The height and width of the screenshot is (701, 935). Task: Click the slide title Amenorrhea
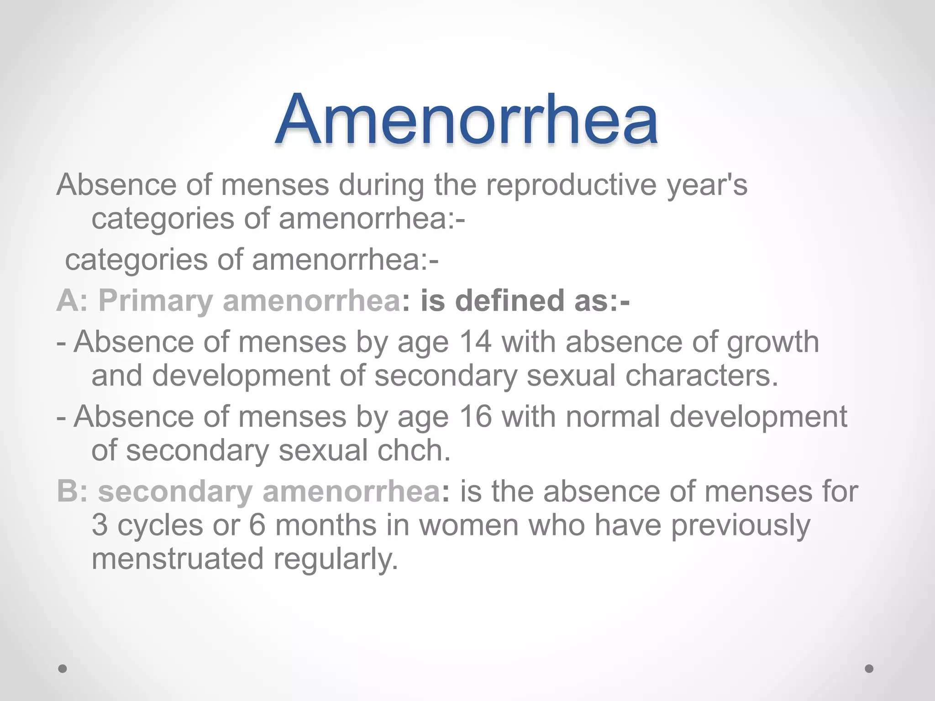coord(466,120)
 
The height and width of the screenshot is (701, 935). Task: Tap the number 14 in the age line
coord(476,342)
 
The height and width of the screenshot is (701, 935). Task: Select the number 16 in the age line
coord(476,417)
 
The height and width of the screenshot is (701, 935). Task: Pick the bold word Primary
coord(156,301)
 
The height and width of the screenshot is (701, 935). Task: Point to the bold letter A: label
coord(72,301)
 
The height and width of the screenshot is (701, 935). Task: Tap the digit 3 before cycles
coord(100,525)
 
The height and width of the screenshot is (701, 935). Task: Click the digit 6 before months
coord(257,525)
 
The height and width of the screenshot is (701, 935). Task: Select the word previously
coord(740,525)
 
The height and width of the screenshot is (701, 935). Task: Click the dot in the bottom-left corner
coord(63,669)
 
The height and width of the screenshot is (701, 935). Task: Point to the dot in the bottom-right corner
coord(869,669)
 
